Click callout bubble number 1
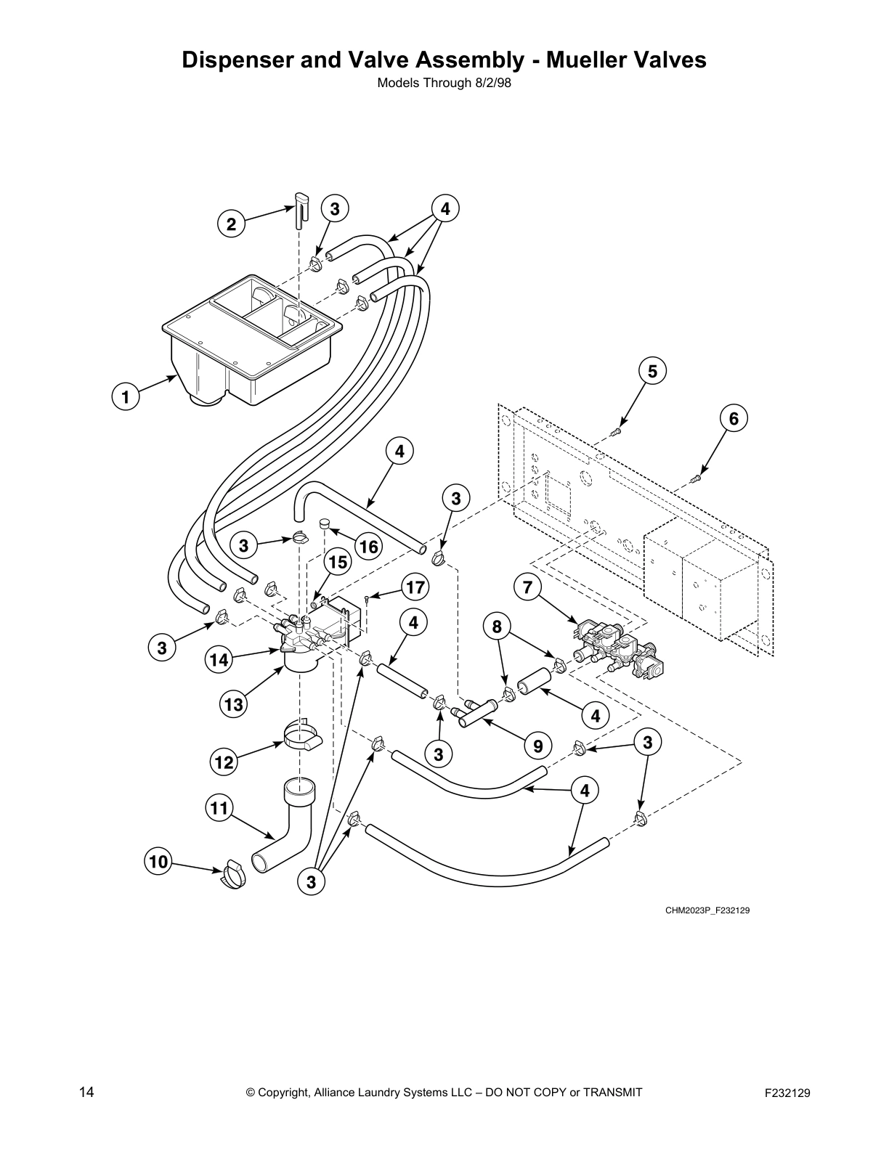(126, 397)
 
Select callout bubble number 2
(231, 224)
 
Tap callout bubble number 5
(652, 372)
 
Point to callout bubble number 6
(734, 418)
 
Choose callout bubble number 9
(537, 745)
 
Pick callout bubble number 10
(158, 862)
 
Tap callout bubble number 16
(369, 547)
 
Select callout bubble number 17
(415, 587)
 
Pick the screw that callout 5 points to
(617, 432)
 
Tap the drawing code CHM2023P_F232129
(707, 910)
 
